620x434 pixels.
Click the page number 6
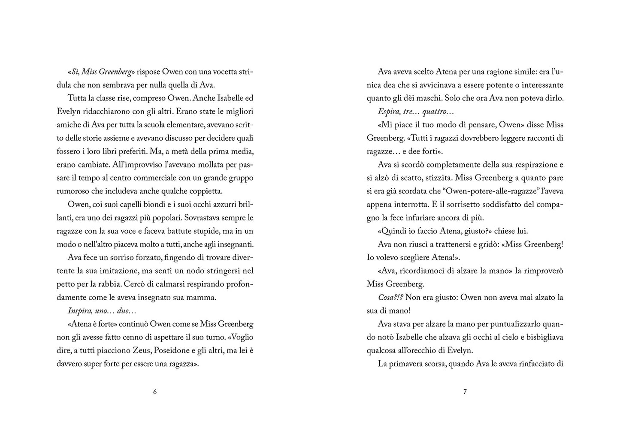155,392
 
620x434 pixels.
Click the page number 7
465,392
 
